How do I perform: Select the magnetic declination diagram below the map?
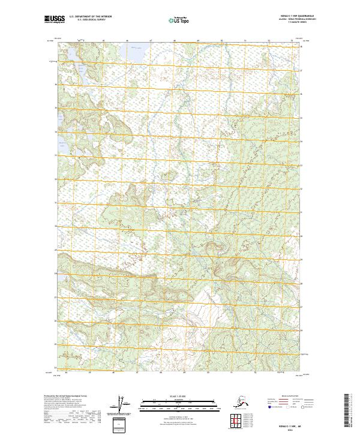tap(124, 403)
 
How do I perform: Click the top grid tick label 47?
tap(151, 41)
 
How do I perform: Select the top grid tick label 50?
tap(221, 41)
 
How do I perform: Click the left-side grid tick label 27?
tap(55, 297)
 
